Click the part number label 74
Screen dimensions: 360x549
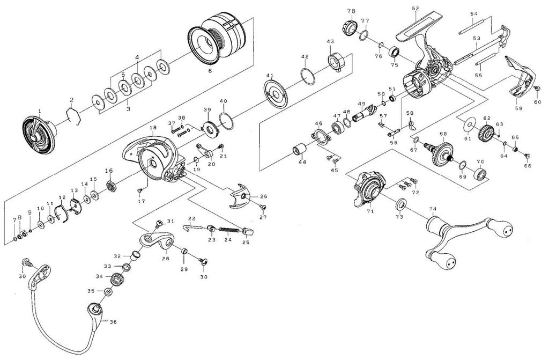[433, 209]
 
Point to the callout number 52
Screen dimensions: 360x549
[415, 9]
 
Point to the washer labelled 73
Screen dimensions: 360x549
[400, 205]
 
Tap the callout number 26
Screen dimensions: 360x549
[263, 196]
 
